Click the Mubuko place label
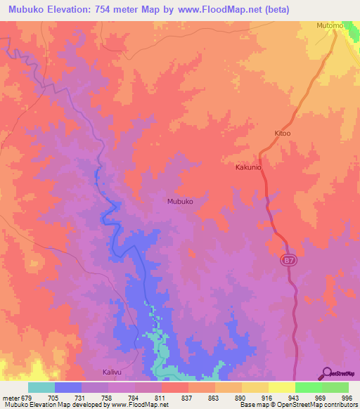coord(180,201)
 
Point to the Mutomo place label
coord(329,26)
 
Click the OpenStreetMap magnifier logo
coord(328,374)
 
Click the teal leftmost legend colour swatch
coord(41,387)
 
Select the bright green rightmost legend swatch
coord(335,387)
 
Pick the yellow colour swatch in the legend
coord(282,387)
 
